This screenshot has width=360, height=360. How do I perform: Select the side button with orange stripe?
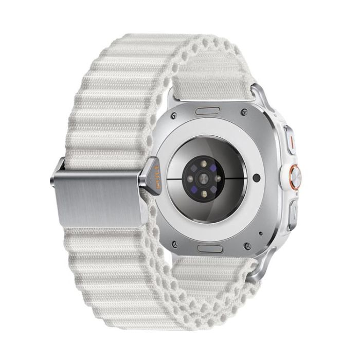point(289,140)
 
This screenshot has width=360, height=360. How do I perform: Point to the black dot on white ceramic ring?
point(257,179)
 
